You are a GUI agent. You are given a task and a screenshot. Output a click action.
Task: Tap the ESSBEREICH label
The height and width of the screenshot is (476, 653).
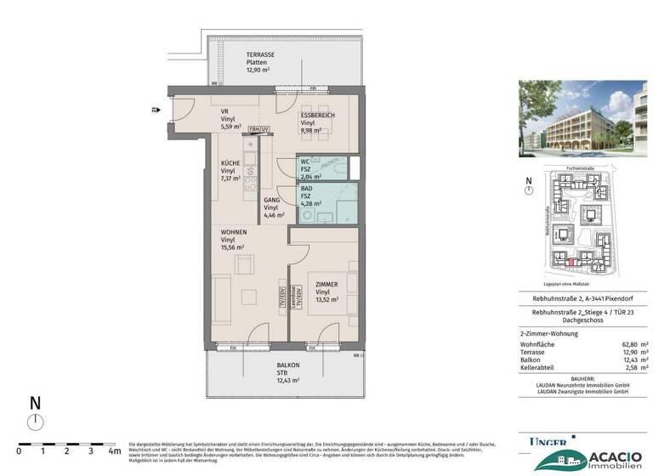coord(318,115)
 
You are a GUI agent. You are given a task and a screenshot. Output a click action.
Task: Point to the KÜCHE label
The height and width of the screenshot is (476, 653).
coord(230,163)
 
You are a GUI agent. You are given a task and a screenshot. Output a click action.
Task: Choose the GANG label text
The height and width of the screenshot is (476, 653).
coord(271,199)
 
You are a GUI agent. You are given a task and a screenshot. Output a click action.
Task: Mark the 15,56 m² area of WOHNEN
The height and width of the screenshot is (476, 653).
coord(233,246)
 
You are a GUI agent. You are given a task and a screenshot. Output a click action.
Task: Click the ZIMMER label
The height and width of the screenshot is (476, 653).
coord(327,283)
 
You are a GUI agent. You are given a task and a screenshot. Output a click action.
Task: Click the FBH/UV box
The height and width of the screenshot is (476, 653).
coord(259,128)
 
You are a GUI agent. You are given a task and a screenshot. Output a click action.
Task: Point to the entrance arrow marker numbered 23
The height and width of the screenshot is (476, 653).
coord(156,110)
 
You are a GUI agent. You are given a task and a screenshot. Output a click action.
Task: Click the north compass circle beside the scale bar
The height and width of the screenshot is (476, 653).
coord(35,422)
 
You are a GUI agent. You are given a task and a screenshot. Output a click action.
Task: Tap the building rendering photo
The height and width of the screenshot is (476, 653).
coord(582,121)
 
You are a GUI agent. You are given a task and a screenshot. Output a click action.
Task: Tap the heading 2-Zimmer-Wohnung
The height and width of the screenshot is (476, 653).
coord(550,333)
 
